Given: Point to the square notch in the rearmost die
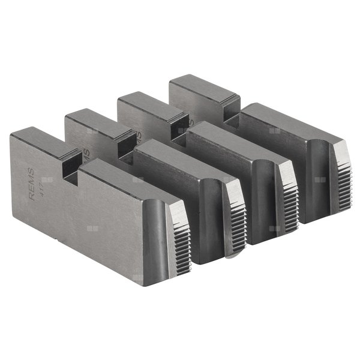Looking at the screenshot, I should [x=230, y=108].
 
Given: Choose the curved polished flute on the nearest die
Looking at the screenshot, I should [x=157, y=237].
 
